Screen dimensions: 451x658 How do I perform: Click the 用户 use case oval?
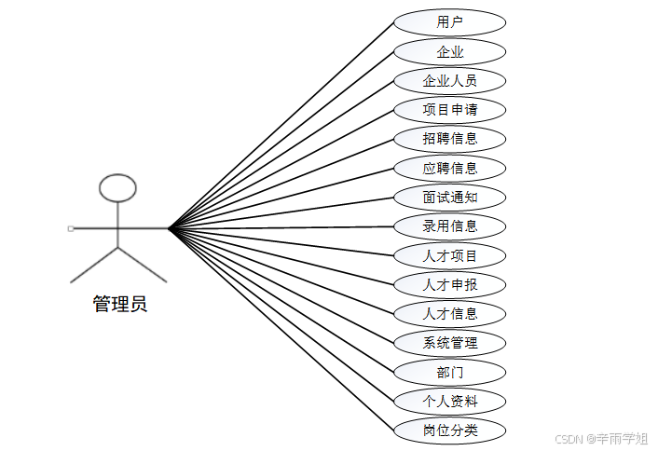(x=449, y=22)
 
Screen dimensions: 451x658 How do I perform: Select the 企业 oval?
(x=449, y=51)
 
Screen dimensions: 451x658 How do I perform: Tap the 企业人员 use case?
(x=449, y=80)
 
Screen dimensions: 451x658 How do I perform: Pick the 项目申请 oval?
(x=449, y=109)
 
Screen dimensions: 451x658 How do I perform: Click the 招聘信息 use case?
(x=449, y=139)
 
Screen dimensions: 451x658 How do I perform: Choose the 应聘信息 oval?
(x=449, y=168)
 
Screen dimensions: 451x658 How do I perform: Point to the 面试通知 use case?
(x=449, y=197)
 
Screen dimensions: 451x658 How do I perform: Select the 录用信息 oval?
(x=449, y=225)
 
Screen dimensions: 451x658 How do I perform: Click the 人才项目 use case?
(x=449, y=255)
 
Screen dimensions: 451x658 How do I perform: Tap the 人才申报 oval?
(x=449, y=284)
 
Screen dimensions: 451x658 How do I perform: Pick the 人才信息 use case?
(x=449, y=313)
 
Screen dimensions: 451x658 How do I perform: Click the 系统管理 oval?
(x=449, y=342)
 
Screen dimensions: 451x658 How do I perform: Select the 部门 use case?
(x=449, y=372)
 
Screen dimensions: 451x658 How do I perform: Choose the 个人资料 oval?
(x=449, y=401)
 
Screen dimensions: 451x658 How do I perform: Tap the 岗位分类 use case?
(x=449, y=430)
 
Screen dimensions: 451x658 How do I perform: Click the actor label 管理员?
(x=119, y=304)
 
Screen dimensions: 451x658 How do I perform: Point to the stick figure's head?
(x=117, y=189)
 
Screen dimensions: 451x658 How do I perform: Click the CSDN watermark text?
(x=600, y=438)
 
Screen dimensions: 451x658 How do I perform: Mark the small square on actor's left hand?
(x=70, y=227)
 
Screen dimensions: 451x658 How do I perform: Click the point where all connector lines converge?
(x=169, y=227)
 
